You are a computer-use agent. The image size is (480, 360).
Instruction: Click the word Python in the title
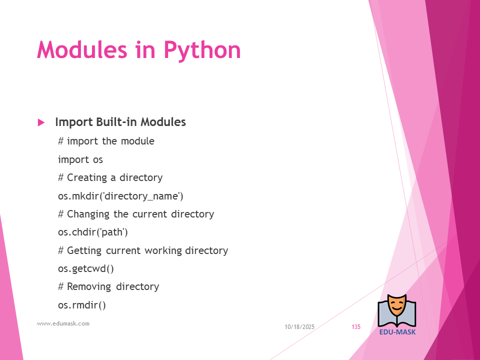click(202, 50)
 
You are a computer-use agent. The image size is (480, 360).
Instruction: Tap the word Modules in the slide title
click(82, 49)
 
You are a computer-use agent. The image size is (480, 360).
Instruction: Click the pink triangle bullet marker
click(41, 122)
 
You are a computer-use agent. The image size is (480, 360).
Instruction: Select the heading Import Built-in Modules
click(120, 122)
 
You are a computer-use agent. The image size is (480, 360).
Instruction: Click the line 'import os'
click(80, 160)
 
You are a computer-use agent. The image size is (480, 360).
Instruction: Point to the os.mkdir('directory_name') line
click(120, 196)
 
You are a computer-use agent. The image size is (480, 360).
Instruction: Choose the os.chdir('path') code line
click(93, 232)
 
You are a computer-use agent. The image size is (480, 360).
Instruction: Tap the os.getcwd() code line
click(85, 268)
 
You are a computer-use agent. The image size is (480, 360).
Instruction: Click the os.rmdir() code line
click(81, 305)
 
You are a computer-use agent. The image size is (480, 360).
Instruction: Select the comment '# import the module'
click(106, 141)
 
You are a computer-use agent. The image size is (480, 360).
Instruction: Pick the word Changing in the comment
click(88, 214)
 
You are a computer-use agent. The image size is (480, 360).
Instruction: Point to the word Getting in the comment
click(84, 250)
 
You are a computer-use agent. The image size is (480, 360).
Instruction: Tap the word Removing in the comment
click(89, 287)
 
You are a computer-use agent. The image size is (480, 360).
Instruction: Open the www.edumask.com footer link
click(63, 323)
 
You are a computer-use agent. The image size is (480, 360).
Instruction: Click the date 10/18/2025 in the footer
click(299, 327)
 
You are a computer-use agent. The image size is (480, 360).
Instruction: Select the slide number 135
click(356, 327)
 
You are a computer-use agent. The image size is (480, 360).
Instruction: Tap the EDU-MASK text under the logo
click(397, 332)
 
